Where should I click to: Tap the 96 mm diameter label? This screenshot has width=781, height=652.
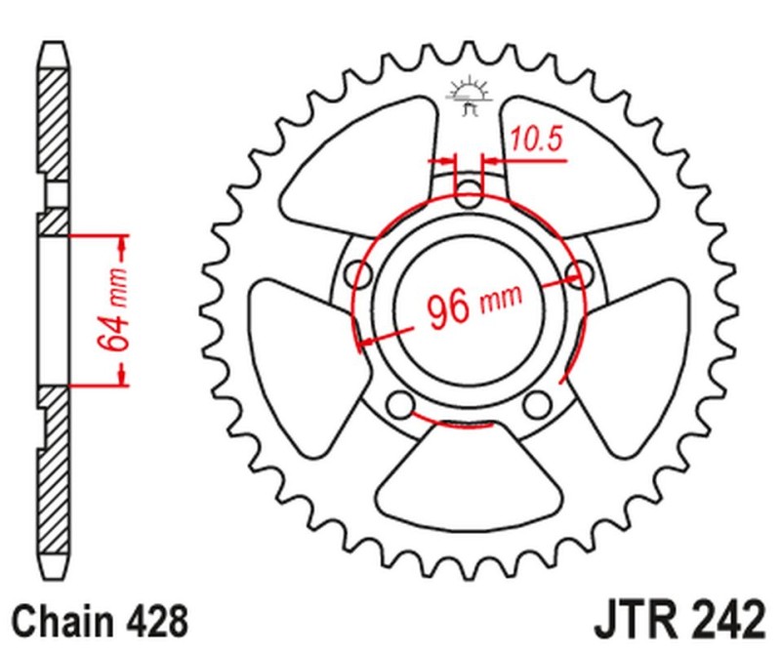(473, 306)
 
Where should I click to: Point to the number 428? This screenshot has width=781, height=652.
(152, 620)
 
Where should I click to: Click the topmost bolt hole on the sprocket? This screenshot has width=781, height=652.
(471, 192)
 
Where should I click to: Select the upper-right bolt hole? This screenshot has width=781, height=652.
(578, 273)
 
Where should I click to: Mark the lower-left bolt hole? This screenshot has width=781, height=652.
(398, 402)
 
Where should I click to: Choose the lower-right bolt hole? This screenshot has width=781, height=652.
(536, 402)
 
